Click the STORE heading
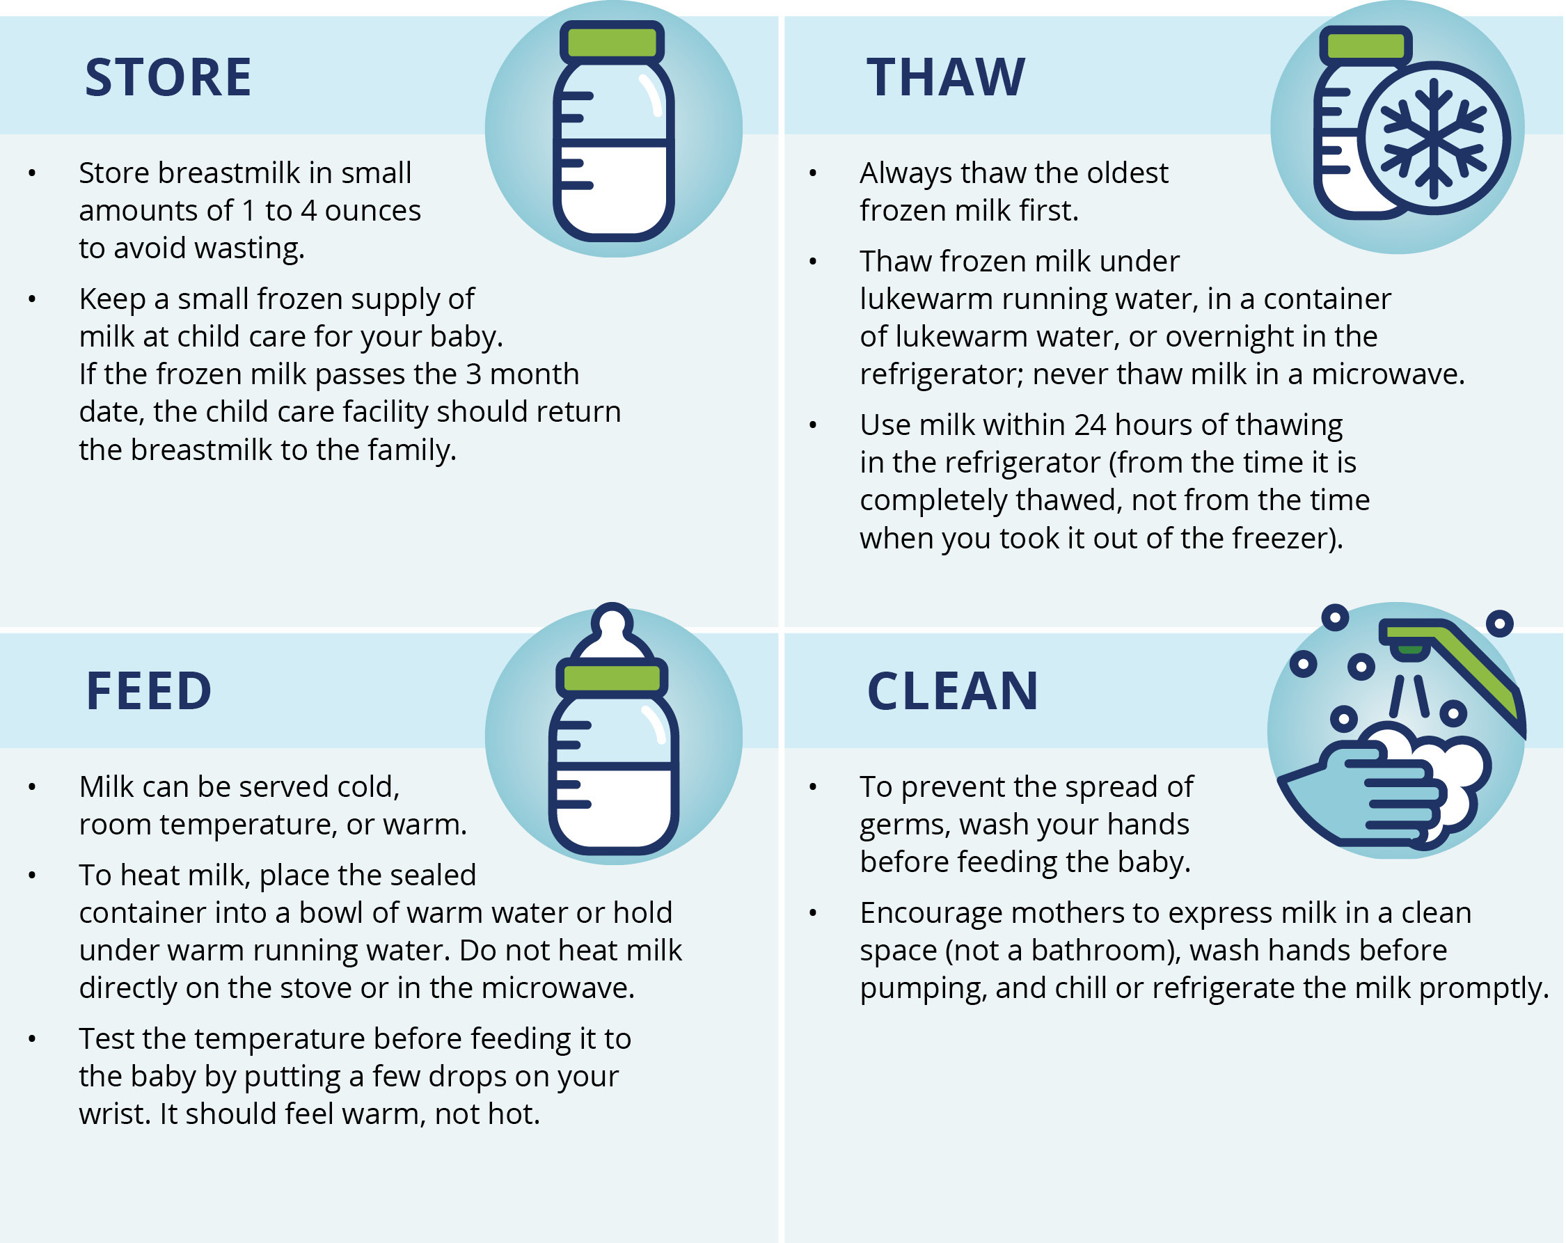click(168, 77)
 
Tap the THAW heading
click(946, 77)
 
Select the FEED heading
click(149, 691)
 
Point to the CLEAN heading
click(953, 691)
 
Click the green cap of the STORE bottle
click(612, 42)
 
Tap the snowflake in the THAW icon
click(1434, 138)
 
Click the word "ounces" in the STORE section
click(372, 212)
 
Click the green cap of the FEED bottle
click(612, 678)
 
